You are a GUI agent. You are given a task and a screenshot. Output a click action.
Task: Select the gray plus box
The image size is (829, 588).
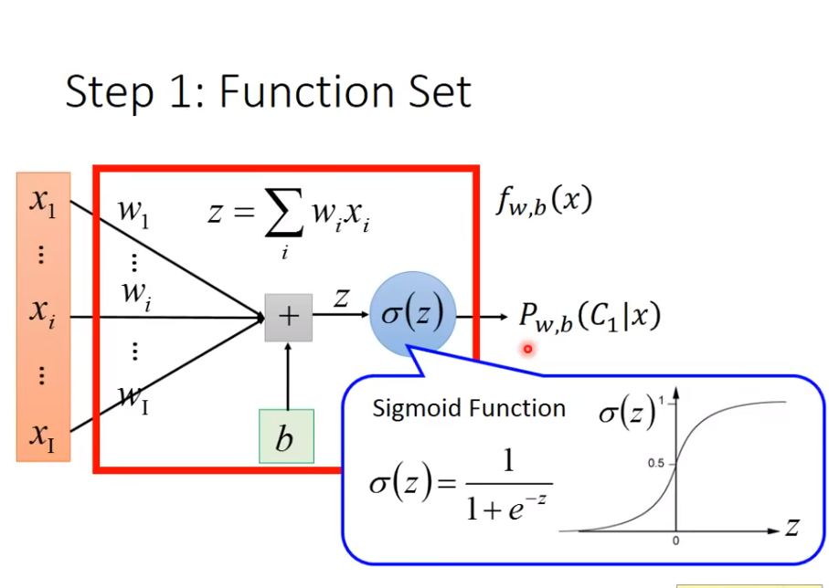[288, 317]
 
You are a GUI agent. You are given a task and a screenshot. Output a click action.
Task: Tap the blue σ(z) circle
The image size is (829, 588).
[412, 315]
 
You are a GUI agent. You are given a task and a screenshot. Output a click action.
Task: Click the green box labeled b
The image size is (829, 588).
[286, 437]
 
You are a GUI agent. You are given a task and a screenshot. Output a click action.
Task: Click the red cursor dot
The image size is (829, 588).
[527, 348]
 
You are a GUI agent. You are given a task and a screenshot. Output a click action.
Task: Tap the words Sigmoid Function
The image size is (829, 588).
[468, 408]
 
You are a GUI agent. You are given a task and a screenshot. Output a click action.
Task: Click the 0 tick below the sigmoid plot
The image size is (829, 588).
[676, 541]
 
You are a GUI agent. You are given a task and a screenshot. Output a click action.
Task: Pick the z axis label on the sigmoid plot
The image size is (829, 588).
[792, 527]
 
